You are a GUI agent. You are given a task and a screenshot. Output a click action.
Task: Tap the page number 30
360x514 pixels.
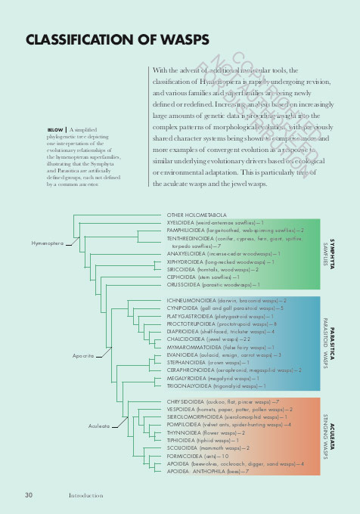(28, 495)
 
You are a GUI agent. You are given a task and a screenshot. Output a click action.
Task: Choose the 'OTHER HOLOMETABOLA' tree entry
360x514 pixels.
(197, 215)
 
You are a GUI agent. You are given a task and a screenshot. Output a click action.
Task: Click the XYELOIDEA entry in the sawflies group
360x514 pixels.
(216, 223)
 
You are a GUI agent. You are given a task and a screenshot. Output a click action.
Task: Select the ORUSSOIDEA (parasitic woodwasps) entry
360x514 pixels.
(213, 285)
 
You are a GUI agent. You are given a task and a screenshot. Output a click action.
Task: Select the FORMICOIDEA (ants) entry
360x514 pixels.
(197, 456)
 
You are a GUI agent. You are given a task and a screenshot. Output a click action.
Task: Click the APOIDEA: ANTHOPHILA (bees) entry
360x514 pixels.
(208, 471)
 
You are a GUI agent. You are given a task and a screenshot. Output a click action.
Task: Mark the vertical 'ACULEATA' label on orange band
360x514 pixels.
(332, 437)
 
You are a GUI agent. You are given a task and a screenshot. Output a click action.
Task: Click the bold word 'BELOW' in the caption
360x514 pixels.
(54, 130)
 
